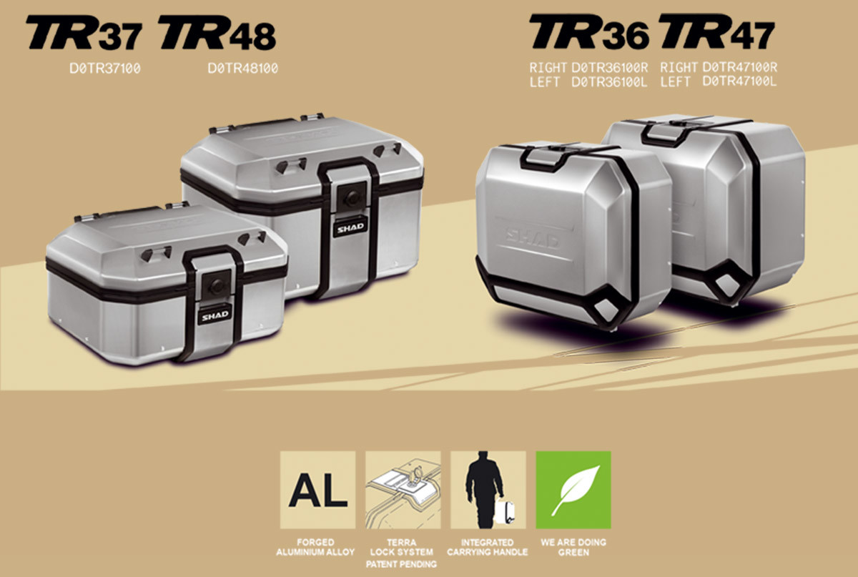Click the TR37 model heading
click(84, 33)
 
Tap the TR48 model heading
click(217, 33)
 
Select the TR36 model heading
click(588, 31)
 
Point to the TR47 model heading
click(717, 31)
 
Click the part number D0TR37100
click(105, 69)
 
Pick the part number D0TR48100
click(243, 69)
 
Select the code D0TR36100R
click(610, 68)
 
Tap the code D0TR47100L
click(739, 82)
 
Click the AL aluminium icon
click(317, 490)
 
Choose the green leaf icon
click(573, 490)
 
